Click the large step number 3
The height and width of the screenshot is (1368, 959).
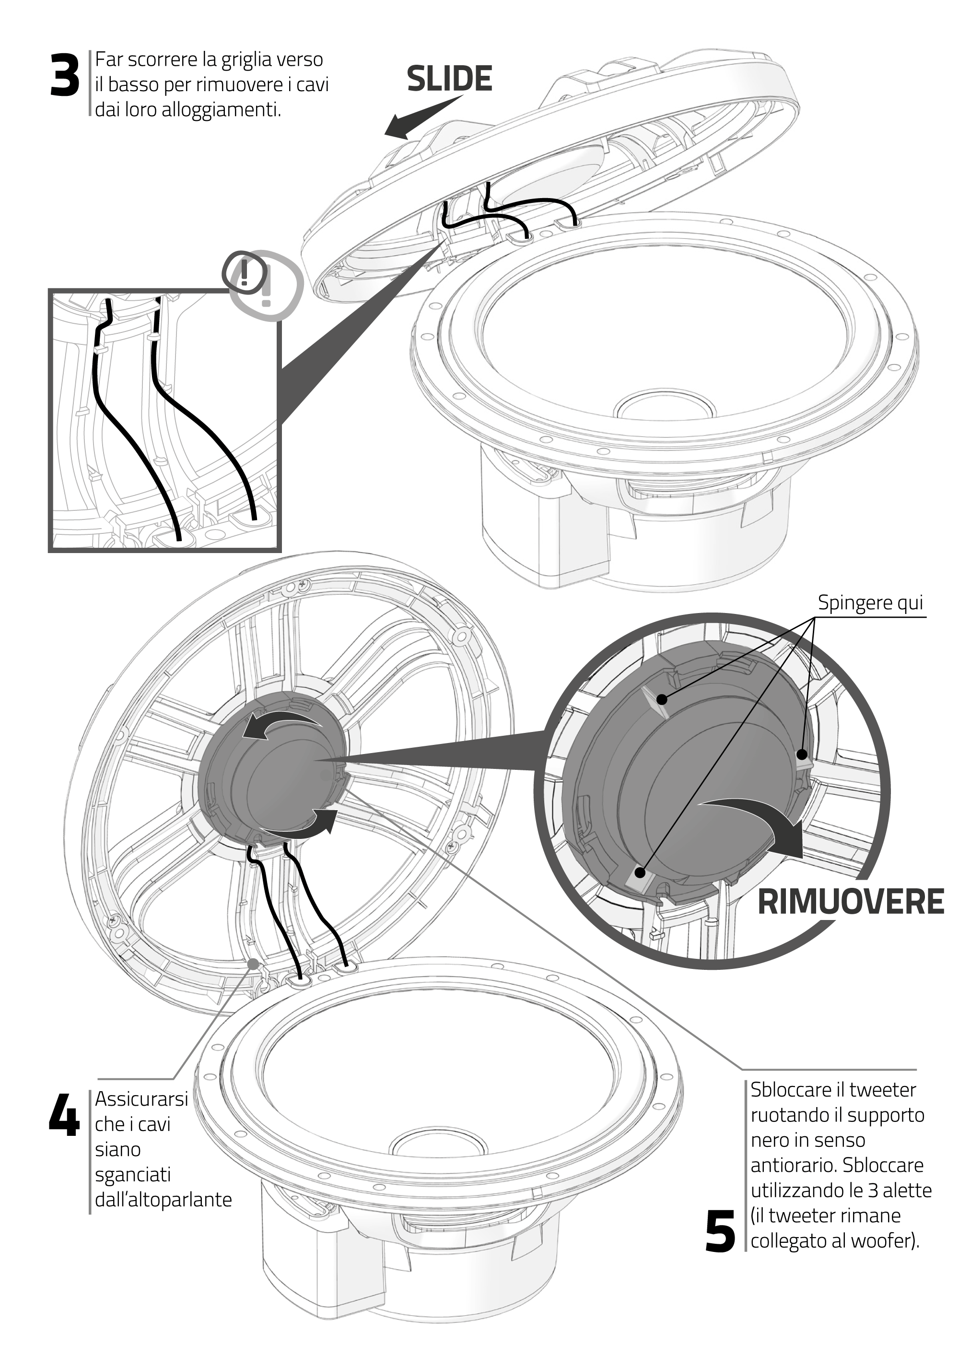point(64,76)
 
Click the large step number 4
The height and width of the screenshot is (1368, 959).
point(64,1114)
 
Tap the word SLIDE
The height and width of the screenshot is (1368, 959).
point(449,79)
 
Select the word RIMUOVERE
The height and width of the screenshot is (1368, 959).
point(850,902)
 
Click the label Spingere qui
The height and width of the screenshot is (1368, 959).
point(870,602)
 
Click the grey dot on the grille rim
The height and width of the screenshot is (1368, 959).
point(253,964)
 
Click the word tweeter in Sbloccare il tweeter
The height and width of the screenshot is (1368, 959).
point(882,1090)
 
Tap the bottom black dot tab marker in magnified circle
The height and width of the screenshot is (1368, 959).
point(640,873)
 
